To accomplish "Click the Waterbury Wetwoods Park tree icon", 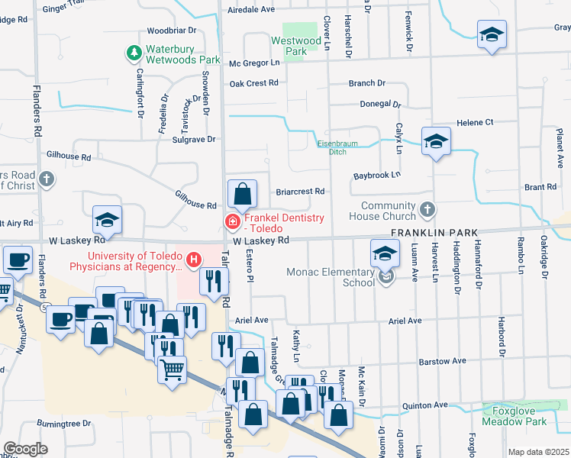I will coord(134,53).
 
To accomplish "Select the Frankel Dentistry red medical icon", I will coord(231,222).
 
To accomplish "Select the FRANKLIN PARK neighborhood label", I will coord(434,232).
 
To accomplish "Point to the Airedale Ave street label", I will coord(251,10).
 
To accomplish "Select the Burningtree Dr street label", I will coord(63,422).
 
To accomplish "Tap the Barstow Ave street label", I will coord(443,360).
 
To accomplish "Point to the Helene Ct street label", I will coord(475,122).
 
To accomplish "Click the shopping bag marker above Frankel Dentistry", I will coord(242,195).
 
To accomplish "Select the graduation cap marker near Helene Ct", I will coord(436,141).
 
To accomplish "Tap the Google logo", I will coord(25,449).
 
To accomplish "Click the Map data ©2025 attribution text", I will coord(538,452).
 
